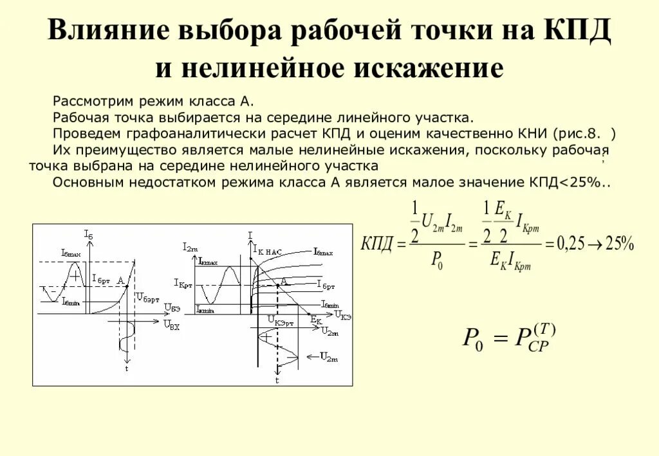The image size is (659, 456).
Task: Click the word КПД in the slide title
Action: pos(575,32)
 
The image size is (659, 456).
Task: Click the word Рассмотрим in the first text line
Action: pos(88,102)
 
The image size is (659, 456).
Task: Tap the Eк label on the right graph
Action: pos(315,319)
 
